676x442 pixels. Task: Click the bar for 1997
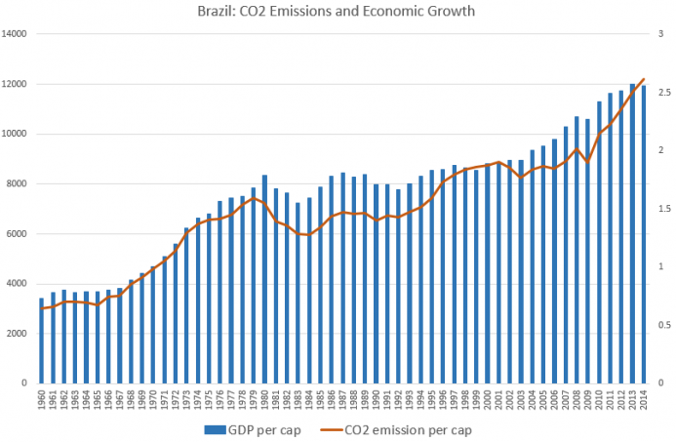[454, 274]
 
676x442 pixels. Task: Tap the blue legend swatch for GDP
[212, 428]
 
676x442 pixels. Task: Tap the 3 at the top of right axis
[661, 34]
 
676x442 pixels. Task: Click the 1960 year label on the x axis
[41, 400]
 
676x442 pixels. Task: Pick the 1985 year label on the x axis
[319, 400]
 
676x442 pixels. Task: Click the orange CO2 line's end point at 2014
[643, 79]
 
